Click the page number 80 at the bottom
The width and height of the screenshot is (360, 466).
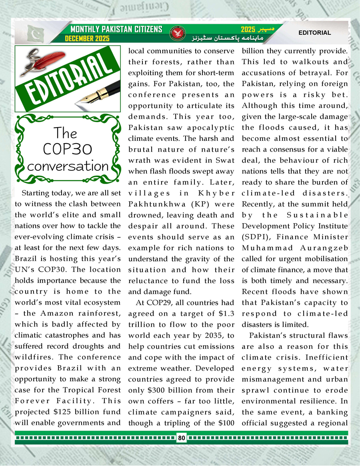[182, 438]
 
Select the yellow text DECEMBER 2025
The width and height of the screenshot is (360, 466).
[88, 39]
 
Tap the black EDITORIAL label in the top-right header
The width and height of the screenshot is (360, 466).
[315, 33]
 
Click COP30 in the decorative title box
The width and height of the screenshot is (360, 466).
[67, 149]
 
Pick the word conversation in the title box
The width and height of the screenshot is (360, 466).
[68, 166]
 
